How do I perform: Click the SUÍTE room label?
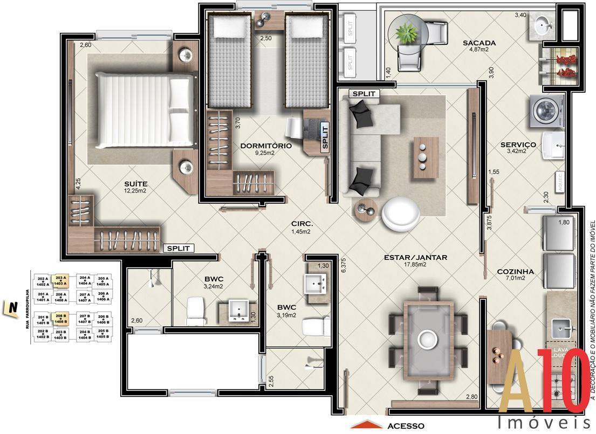click(x=135, y=184)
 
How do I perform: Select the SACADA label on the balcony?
click(x=478, y=43)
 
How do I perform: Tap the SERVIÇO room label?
click(x=517, y=144)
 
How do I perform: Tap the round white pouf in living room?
click(x=400, y=212)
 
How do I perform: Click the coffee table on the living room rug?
click(x=426, y=157)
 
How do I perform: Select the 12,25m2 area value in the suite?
click(x=135, y=191)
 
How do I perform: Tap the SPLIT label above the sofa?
click(x=365, y=94)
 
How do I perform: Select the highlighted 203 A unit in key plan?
click(x=60, y=280)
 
